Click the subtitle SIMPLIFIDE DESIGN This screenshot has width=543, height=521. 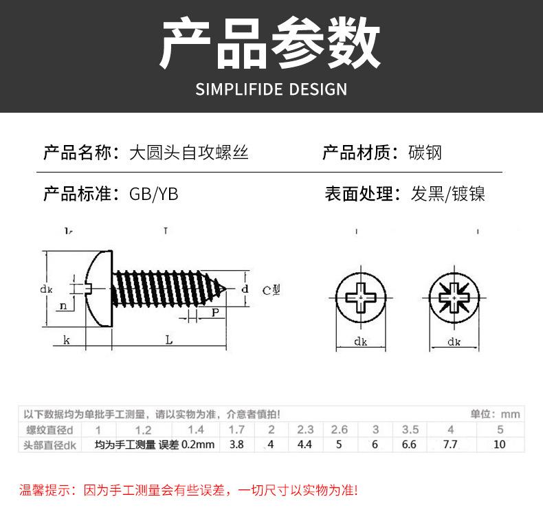[271, 89]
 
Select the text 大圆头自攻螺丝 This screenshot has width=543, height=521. [189, 152]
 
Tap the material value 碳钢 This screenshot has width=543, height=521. [425, 152]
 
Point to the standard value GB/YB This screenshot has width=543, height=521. [153, 194]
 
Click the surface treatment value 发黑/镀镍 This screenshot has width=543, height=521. [448, 194]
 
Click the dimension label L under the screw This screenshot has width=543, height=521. [169, 340]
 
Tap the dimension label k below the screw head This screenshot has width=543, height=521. [67, 340]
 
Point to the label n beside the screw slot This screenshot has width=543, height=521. [63, 306]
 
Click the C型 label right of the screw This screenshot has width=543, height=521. [271, 289]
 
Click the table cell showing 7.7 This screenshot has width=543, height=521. [450, 444]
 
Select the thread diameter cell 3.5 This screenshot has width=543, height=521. [410, 430]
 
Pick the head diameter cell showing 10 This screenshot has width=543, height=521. [500, 444]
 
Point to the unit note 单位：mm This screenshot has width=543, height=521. [495, 414]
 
